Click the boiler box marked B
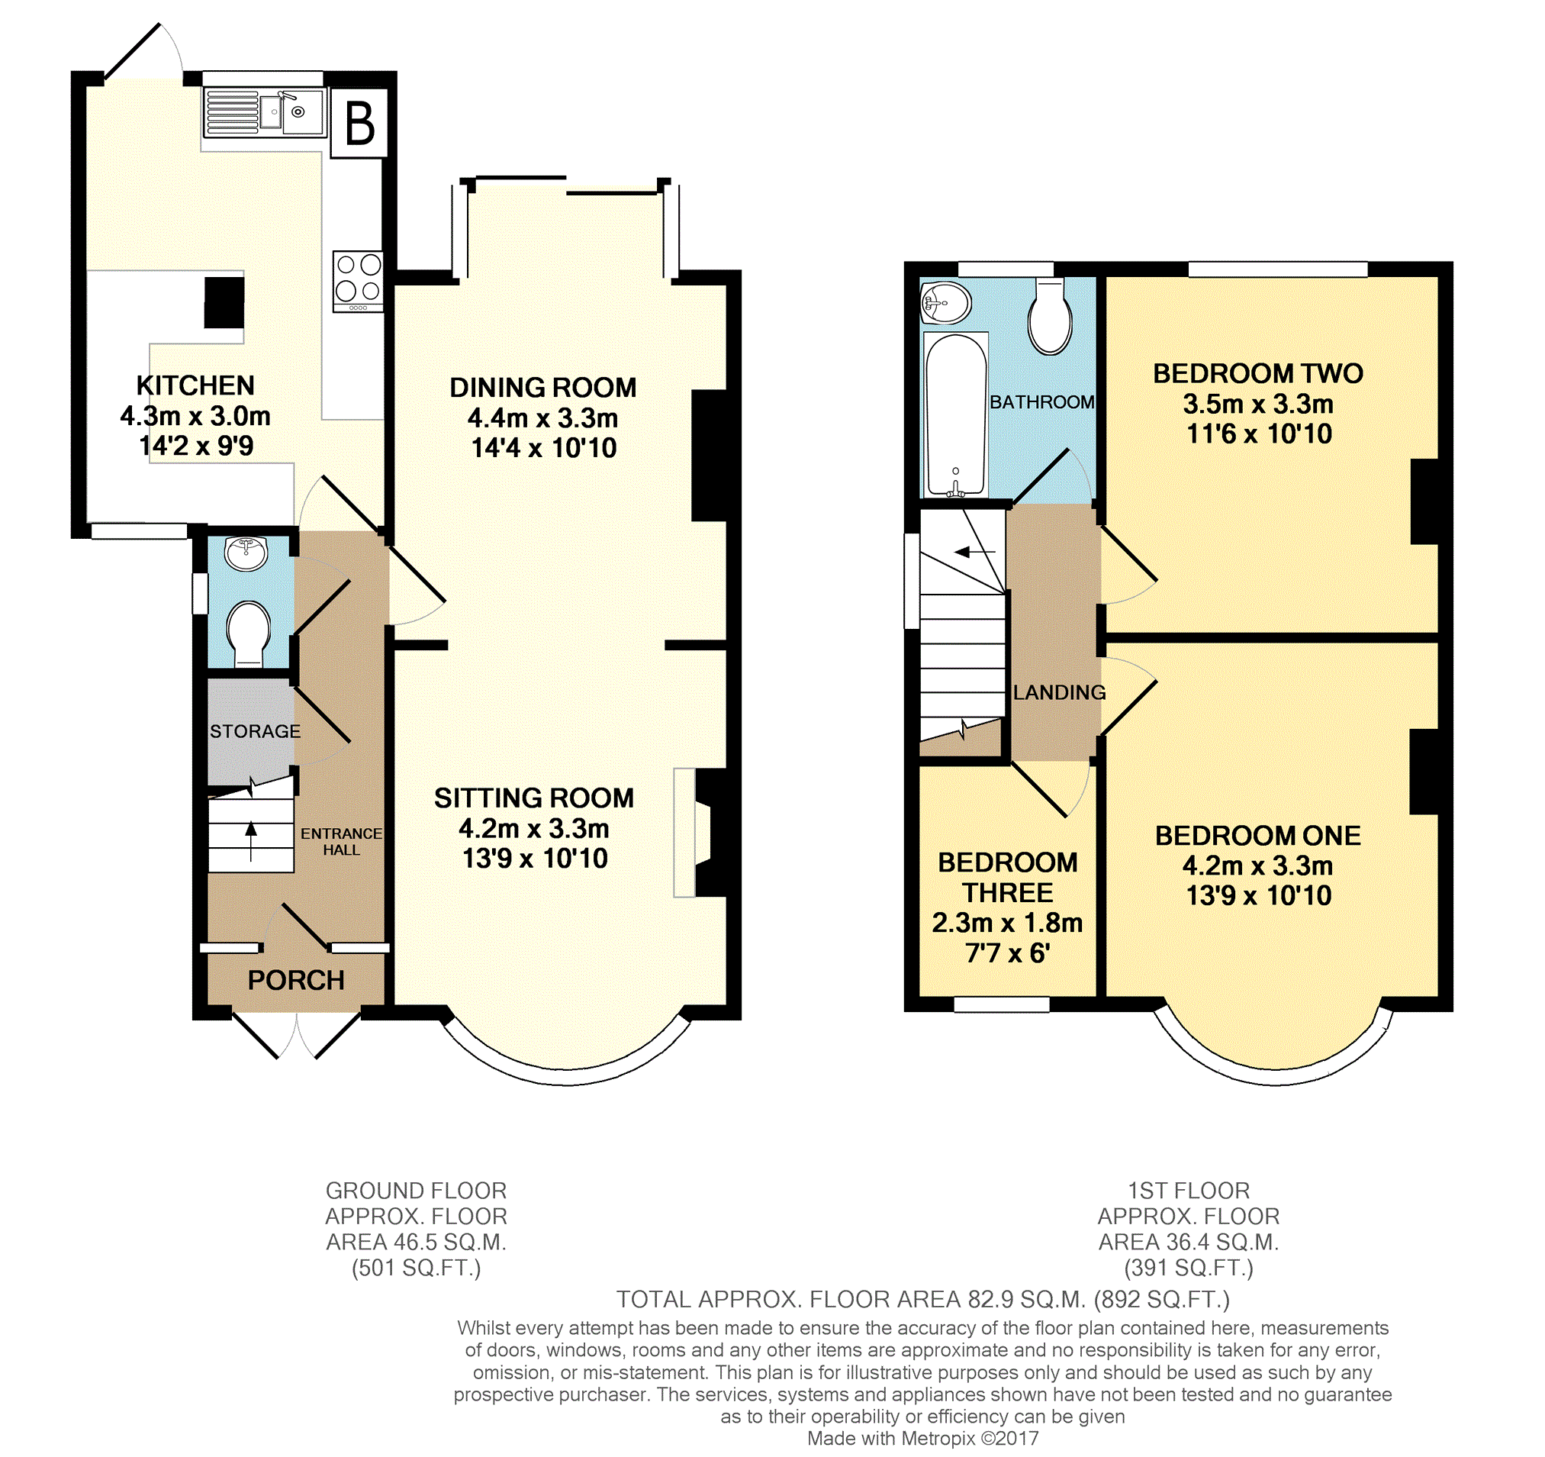click(x=359, y=123)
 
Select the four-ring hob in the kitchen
click(x=358, y=281)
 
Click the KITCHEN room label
click(x=195, y=385)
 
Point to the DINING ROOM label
click(x=543, y=387)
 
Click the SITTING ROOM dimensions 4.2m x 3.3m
click(x=534, y=829)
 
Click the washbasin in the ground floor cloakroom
click(x=246, y=553)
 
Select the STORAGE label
click(x=255, y=732)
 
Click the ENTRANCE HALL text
click(x=341, y=841)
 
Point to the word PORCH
click(x=296, y=981)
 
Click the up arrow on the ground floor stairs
click(x=251, y=841)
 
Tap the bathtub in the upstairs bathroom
click(x=954, y=415)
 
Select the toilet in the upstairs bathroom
click(x=1050, y=316)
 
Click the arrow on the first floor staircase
click(x=974, y=552)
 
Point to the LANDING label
click(x=1059, y=693)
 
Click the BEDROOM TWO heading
click(x=1257, y=374)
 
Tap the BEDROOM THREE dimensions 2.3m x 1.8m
click(x=1007, y=923)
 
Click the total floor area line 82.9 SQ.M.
click(x=922, y=1299)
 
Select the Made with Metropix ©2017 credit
click(x=922, y=1439)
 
